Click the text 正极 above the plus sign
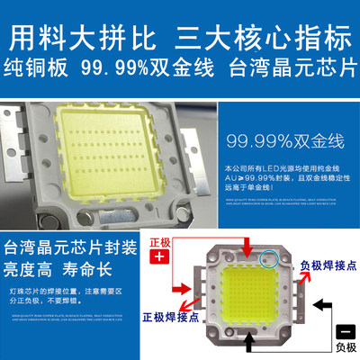pos(159,241)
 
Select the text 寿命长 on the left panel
pos(90,267)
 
